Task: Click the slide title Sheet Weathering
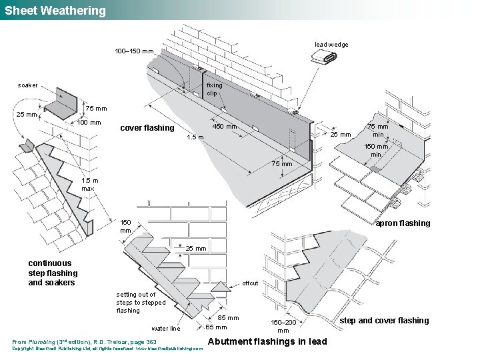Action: (55, 11)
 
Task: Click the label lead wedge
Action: (331, 45)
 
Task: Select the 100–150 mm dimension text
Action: (134, 51)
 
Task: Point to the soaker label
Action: (28, 85)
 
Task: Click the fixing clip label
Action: (214, 89)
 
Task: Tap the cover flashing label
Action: (147, 128)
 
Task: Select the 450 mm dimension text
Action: (225, 127)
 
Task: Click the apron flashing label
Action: (403, 223)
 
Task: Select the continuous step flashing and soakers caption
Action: (53, 273)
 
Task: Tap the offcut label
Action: (250, 283)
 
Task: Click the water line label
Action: (165, 328)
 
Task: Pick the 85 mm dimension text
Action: (228, 318)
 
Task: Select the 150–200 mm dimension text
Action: (283, 326)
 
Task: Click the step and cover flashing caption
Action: (384, 321)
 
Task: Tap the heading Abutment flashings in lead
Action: (268, 342)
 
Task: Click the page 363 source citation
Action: (85, 342)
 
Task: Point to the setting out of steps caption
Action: (141, 302)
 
